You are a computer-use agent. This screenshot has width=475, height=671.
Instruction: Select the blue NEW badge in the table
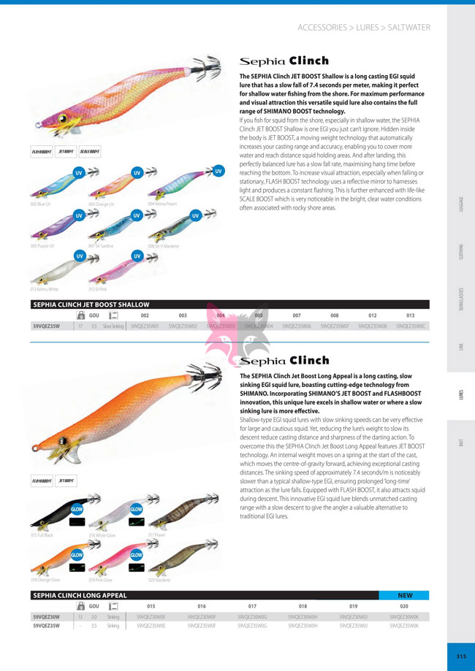pos(405,595)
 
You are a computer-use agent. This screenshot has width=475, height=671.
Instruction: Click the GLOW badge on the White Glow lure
pos(136,509)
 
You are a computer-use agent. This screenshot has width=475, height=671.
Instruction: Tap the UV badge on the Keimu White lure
pos(78,256)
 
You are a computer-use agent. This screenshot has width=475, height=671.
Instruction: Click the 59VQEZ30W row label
pos(47,616)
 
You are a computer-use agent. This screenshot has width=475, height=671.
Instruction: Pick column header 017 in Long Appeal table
pos(253,605)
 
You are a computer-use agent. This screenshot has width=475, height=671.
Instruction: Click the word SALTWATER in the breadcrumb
pos(408,28)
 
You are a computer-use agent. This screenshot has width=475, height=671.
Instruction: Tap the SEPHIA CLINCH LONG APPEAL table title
pos(77,595)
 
